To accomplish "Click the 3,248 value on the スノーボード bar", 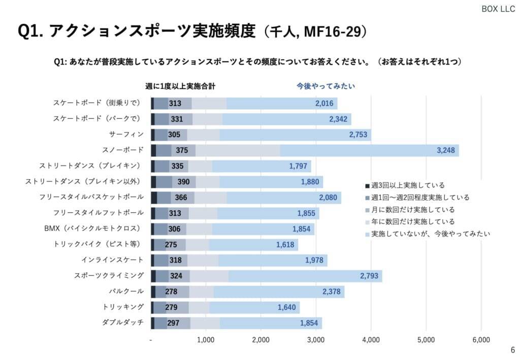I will click(x=447, y=150).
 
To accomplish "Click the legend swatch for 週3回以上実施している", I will click(x=367, y=185).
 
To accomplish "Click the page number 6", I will click(x=512, y=350).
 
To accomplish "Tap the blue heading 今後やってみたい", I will click(x=326, y=86).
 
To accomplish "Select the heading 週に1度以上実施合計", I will click(x=180, y=86).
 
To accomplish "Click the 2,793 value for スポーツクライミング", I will click(x=370, y=276).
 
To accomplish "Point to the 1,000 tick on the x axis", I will click(x=206, y=340).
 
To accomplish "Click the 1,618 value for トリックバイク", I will click(x=286, y=245).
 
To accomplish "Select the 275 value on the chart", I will click(x=171, y=245).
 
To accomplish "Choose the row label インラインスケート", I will click(x=112, y=260).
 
